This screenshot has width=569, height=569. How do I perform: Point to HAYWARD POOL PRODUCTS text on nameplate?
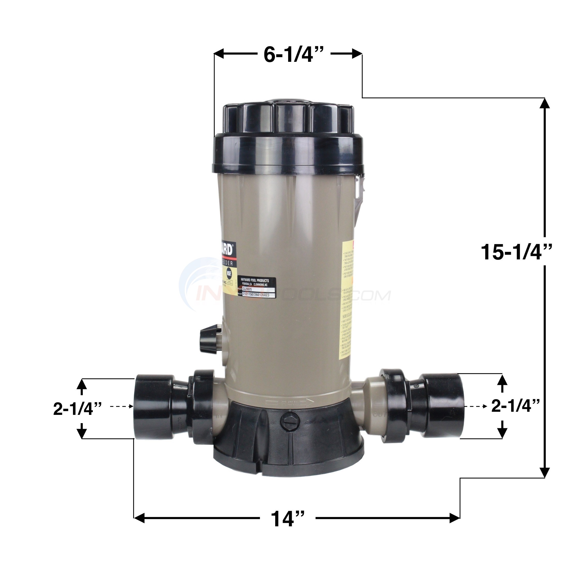tap(255, 281)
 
